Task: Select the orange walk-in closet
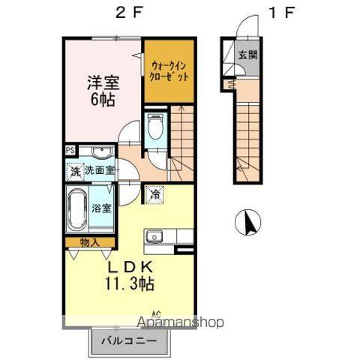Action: [x=169, y=71]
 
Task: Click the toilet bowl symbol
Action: [x=154, y=128]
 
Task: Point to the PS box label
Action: [x=70, y=150]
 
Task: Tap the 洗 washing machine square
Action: [x=74, y=171]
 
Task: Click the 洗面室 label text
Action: [x=99, y=170]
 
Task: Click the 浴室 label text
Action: [x=101, y=208]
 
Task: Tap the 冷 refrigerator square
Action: [x=154, y=193]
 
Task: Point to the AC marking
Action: [x=157, y=313]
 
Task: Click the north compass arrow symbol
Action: [x=250, y=223]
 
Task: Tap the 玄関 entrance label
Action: [x=247, y=56]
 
